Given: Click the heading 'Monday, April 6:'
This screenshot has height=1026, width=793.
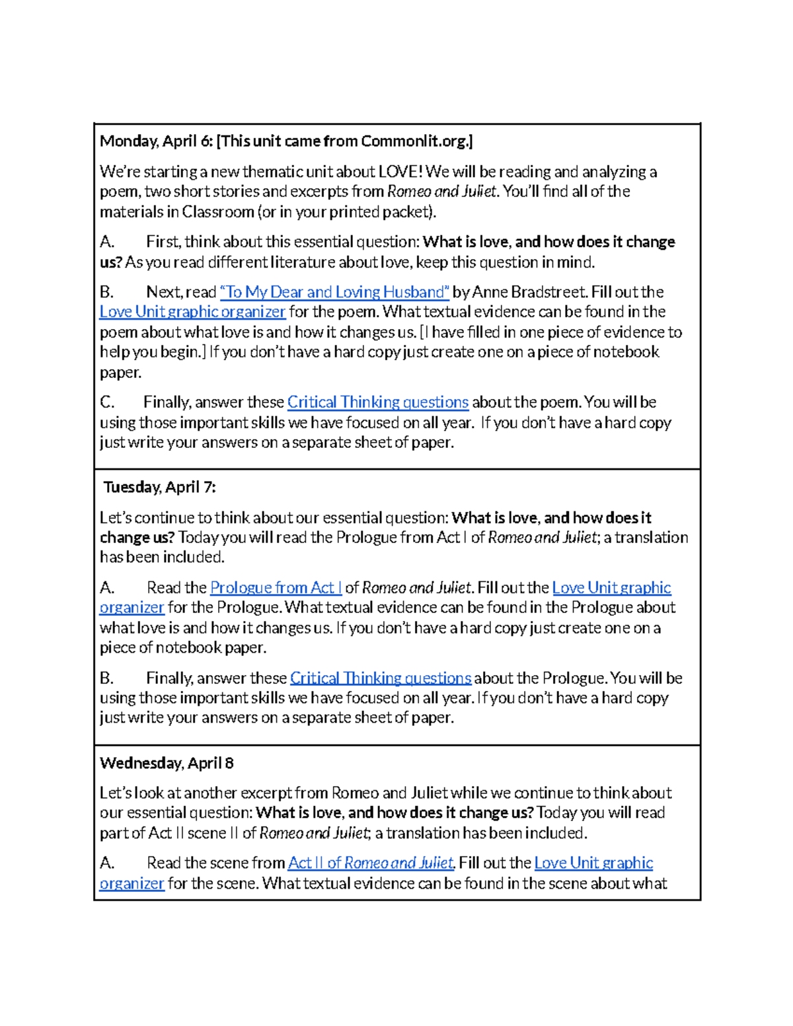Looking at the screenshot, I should (156, 141).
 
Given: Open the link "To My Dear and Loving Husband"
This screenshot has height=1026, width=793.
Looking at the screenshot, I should (334, 292).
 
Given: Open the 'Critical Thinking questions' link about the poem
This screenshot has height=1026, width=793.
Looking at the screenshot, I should (377, 402).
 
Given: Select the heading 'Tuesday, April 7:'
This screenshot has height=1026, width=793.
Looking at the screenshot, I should (159, 488).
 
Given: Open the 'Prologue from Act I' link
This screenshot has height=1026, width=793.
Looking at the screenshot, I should (275, 588).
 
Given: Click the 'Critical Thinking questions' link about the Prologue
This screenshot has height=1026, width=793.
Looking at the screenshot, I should (380, 678).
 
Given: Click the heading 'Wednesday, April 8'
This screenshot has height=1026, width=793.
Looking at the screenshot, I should (167, 764).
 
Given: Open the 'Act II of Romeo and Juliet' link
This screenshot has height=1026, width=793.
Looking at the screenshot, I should (371, 863).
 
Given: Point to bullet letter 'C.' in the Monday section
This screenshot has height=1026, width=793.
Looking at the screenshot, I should (107, 402).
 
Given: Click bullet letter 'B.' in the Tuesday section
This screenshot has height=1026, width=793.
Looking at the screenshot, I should (107, 678).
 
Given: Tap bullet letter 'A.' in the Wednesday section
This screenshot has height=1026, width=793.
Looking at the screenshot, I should (107, 863).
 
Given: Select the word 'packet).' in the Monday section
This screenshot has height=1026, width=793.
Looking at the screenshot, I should (412, 212).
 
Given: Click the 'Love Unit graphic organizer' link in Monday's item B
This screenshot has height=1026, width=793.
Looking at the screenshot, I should (192, 312).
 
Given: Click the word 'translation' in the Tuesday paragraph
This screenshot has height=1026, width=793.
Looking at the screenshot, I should (651, 538).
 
